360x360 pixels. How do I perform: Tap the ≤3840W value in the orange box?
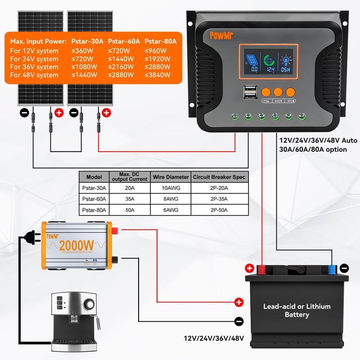(x=158, y=75)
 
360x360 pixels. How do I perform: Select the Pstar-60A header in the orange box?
(x=124, y=41)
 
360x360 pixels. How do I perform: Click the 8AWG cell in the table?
(x=171, y=198)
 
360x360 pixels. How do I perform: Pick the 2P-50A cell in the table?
(x=219, y=210)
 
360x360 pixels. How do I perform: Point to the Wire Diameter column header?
(x=171, y=177)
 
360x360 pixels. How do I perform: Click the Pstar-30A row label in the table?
(x=94, y=188)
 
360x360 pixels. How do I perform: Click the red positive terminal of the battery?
(x=261, y=269)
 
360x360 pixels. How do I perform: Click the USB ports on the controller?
(x=250, y=92)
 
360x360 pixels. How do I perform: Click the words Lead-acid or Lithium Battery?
(x=297, y=310)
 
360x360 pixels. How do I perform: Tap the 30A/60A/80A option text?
(x=313, y=149)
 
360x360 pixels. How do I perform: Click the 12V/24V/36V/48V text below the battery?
(x=214, y=338)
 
